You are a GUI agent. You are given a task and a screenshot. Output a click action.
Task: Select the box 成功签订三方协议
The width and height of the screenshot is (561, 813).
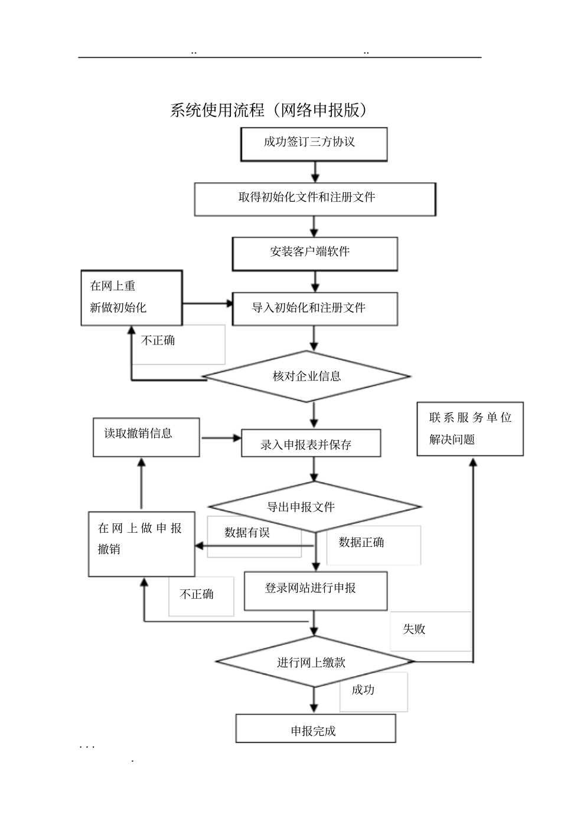click(x=314, y=144)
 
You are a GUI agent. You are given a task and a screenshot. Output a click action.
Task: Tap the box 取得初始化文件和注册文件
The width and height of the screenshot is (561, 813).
click(x=315, y=199)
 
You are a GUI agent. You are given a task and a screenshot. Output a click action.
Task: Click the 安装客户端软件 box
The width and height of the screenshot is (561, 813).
click(x=315, y=254)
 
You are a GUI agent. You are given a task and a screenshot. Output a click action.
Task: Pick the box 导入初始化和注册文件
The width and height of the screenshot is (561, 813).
click(x=315, y=309)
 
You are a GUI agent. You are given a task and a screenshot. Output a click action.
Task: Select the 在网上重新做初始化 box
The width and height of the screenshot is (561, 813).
click(x=132, y=297)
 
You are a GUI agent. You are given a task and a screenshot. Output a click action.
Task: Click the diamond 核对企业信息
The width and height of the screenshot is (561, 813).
click(x=306, y=376)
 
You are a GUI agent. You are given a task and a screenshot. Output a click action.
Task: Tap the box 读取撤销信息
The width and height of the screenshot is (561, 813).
click(x=146, y=437)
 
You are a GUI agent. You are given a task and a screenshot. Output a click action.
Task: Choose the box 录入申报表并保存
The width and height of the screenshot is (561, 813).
click(x=311, y=443)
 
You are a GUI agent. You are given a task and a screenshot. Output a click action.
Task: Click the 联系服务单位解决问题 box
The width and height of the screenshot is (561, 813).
click(x=470, y=429)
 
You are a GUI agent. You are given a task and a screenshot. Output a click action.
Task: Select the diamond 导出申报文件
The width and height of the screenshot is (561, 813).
click(x=314, y=507)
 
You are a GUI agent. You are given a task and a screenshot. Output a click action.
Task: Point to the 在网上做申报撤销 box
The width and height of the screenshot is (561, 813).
click(x=141, y=543)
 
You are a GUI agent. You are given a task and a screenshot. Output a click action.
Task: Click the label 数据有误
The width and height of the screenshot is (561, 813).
click(x=247, y=533)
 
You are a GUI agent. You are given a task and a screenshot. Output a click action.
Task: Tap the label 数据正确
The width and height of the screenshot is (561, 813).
click(x=361, y=542)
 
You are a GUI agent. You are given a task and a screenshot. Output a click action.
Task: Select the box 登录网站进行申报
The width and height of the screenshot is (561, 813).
click(x=315, y=590)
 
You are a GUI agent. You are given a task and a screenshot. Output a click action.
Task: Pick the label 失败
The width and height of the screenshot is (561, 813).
click(x=414, y=630)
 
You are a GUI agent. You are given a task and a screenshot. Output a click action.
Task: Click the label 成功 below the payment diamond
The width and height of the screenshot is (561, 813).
click(x=363, y=690)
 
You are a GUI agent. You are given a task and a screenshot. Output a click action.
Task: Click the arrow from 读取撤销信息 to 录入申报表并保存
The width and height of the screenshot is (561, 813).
click(x=220, y=438)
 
